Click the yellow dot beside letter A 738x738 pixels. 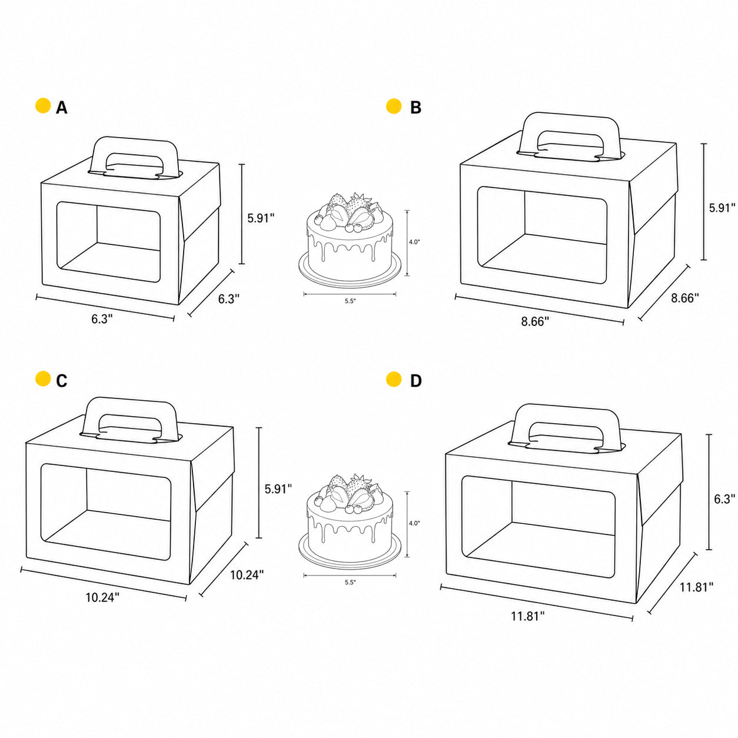coord(43,106)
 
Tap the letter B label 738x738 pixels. coord(415,108)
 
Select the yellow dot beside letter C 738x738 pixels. coord(43,378)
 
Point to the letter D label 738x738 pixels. coord(415,381)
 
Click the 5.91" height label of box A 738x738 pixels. coord(261,218)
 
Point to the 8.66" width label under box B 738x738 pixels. coord(535,321)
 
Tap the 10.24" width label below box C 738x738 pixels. coord(102,597)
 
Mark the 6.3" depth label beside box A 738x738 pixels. coord(229,299)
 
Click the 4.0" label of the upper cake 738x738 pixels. coord(414,242)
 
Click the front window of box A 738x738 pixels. coord(109,242)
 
